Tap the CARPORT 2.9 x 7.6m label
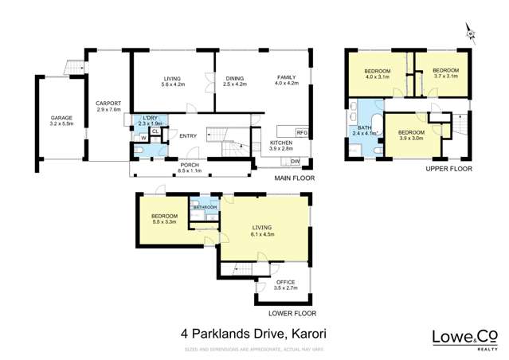(x=108, y=107)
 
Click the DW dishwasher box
(x=295, y=162)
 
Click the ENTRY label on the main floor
(x=188, y=136)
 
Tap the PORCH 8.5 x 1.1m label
(x=190, y=167)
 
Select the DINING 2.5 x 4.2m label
(x=235, y=80)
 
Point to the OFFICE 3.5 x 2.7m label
(x=285, y=285)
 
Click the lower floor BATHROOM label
(x=205, y=208)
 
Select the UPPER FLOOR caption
(x=449, y=169)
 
